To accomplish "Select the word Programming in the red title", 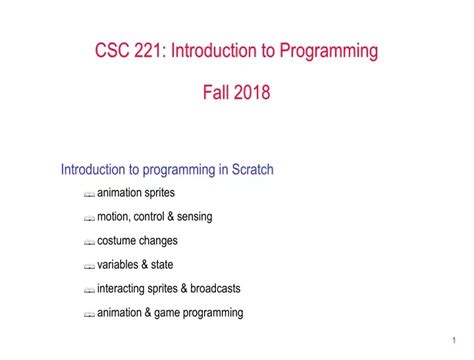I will (x=326, y=51).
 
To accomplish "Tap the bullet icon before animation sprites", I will (x=89, y=194).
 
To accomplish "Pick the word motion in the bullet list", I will (x=114, y=217).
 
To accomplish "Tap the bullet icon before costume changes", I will (x=89, y=242).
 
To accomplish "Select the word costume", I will (x=117, y=241).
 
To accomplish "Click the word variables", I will (x=120, y=265).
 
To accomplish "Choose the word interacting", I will (x=124, y=289).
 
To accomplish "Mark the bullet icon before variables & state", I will (x=89, y=266).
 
